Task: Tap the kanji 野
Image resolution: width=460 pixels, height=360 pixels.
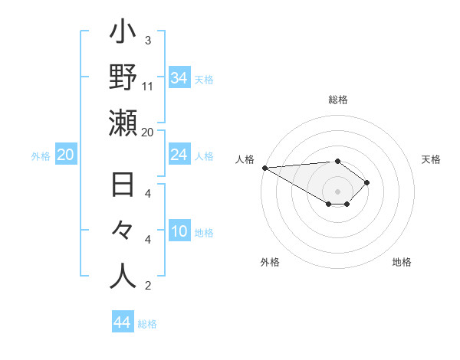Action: click(123, 77)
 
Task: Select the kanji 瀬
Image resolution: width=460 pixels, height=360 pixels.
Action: click(123, 123)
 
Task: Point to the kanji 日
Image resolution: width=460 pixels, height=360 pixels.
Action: click(123, 186)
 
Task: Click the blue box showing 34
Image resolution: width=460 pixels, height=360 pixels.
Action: click(179, 78)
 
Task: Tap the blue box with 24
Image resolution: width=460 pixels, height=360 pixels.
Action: click(179, 155)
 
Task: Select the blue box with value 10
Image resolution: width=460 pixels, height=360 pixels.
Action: click(179, 232)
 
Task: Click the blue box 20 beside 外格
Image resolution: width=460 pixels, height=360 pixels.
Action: click(66, 155)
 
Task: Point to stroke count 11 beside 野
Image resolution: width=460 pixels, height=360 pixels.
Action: click(148, 87)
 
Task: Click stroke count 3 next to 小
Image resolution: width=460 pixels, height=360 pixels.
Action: click(147, 41)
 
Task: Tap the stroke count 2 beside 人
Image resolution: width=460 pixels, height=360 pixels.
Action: click(147, 286)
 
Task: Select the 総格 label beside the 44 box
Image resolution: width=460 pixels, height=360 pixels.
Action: click(147, 324)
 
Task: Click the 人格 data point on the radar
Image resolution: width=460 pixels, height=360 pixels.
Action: click(264, 167)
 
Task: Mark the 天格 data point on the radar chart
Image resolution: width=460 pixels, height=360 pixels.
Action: click(368, 182)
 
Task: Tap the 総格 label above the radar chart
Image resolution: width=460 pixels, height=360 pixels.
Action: click(337, 100)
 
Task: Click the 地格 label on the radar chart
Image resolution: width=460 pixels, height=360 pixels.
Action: click(402, 262)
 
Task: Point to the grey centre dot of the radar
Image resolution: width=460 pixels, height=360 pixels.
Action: click(337, 190)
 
